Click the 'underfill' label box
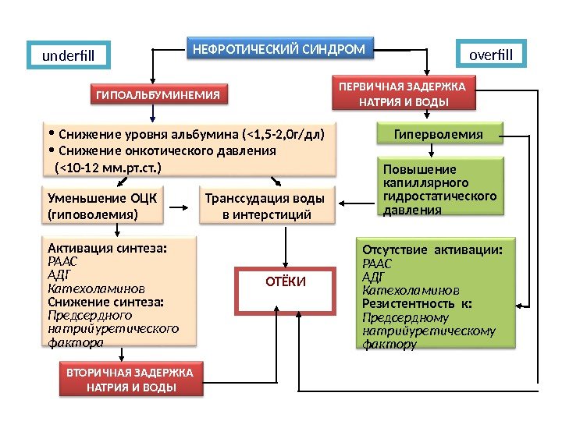click(66, 55)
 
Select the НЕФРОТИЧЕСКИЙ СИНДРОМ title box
click(279, 49)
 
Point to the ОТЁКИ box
click(285, 281)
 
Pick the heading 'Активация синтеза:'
click(108, 248)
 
